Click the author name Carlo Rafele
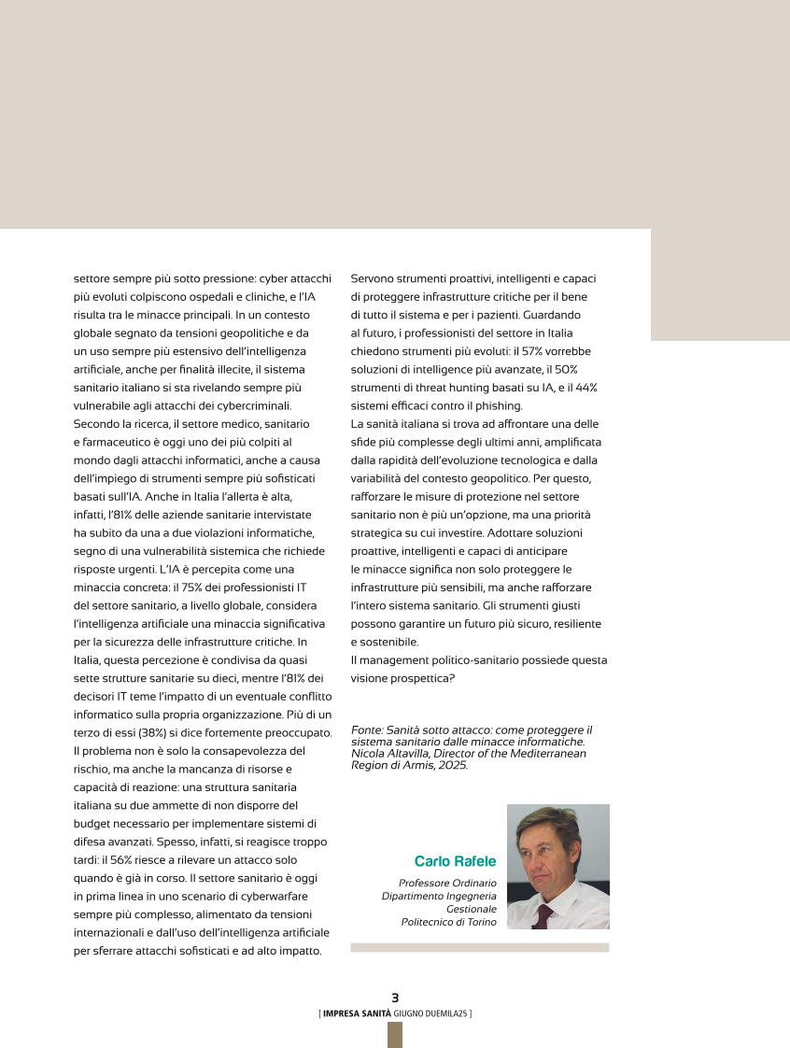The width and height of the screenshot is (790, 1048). coord(455,861)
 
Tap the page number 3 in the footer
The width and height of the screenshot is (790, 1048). coord(395,998)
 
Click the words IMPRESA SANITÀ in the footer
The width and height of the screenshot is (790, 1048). coord(357,1013)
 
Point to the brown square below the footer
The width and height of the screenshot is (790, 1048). coord(395,1035)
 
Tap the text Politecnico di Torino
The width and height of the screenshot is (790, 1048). coord(449,922)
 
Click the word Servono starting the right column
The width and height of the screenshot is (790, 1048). coord(373,278)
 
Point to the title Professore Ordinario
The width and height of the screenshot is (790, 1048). coord(447,883)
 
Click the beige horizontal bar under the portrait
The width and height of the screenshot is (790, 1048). coord(479,947)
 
